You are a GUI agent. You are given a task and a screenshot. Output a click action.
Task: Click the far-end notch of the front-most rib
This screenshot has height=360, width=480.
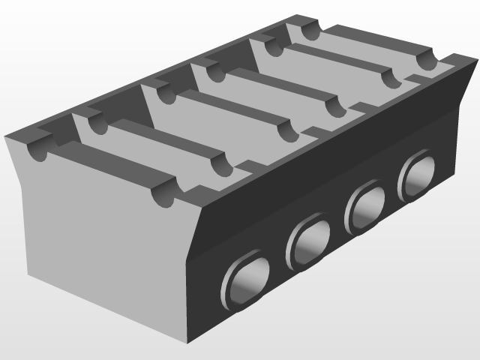163,196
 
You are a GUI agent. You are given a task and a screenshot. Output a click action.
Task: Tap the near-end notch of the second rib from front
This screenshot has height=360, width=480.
94,123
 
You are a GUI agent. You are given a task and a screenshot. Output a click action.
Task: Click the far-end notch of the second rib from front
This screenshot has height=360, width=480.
220,163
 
